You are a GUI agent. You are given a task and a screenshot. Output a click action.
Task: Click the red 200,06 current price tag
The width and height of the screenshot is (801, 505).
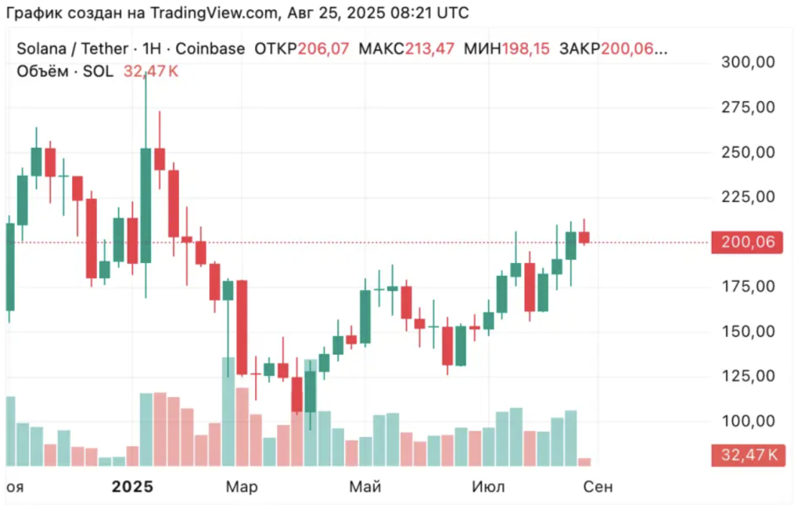pos(747,242)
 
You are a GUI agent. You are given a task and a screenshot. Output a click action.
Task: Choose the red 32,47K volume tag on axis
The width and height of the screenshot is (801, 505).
pos(747,454)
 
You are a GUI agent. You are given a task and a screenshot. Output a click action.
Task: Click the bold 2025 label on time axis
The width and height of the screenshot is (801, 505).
pos(132,487)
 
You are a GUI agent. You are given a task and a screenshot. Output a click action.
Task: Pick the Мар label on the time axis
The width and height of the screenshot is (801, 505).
pos(241,487)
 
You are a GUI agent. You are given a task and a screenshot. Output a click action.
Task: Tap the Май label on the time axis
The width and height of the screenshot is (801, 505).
pos(365,487)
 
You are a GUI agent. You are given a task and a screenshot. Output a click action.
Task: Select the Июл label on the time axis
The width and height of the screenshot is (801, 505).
pos(489,487)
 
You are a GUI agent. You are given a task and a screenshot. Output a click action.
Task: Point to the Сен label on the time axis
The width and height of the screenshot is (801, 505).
pos(598,487)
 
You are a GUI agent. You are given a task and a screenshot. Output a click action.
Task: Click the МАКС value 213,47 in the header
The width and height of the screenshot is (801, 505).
pos(429,49)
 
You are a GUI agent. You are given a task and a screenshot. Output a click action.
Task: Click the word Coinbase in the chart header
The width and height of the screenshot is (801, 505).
pos(210,49)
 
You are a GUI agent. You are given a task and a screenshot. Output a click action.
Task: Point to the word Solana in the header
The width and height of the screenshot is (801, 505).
pos(41,49)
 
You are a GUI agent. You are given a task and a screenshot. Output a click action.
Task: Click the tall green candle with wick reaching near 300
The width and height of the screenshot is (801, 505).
pos(145,205)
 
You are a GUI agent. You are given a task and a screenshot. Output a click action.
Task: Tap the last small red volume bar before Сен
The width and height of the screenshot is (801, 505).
pos(584,461)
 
